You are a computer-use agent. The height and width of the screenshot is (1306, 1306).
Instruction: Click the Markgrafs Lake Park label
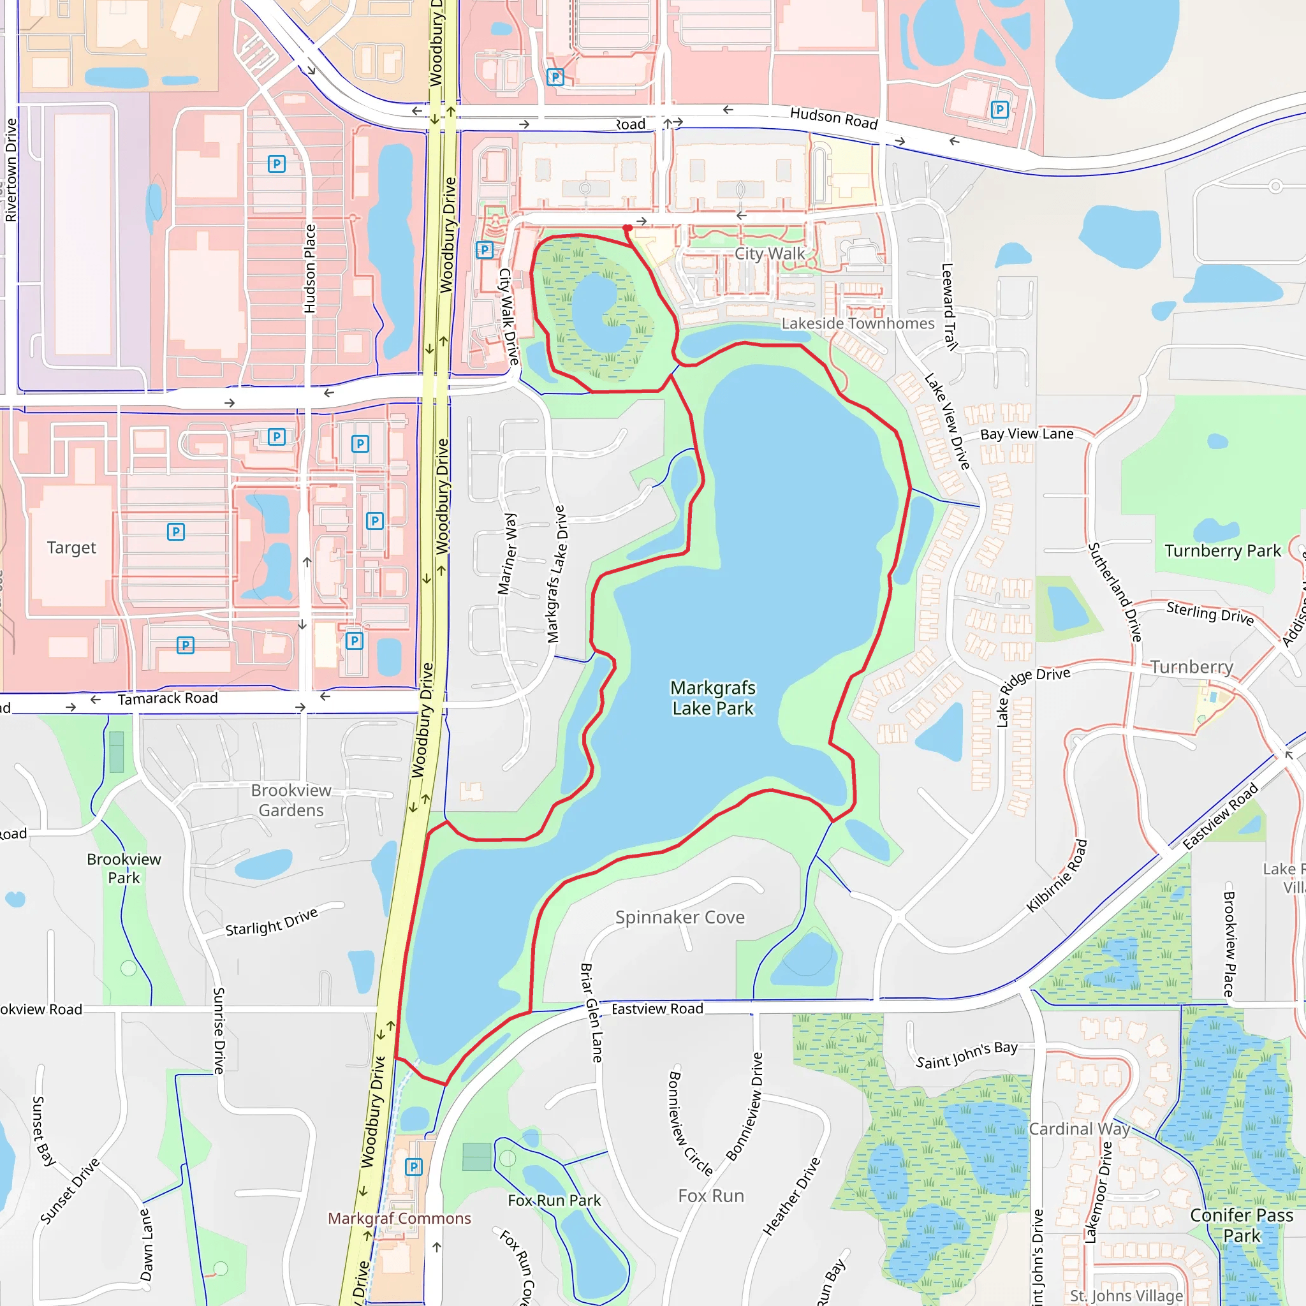(x=712, y=698)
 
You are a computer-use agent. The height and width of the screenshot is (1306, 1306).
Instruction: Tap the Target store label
(x=71, y=548)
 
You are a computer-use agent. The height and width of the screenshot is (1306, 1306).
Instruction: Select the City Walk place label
(x=769, y=254)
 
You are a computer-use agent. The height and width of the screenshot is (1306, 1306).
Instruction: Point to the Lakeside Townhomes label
(x=858, y=323)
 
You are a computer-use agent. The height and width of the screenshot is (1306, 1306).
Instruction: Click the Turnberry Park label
(x=1222, y=551)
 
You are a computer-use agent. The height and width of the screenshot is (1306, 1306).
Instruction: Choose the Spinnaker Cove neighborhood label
(x=679, y=917)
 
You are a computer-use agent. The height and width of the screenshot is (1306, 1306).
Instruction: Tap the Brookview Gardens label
(x=291, y=800)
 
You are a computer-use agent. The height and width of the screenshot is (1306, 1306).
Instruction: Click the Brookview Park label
(x=124, y=868)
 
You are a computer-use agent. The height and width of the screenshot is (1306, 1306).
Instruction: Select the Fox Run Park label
(x=554, y=1200)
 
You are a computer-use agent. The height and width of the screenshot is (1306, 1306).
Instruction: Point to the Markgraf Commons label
(x=399, y=1218)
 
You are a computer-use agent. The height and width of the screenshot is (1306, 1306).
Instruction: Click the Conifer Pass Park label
(x=1241, y=1225)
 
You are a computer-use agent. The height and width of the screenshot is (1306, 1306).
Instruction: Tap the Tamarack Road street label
(x=168, y=698)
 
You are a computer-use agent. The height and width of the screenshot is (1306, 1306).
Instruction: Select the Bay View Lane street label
(x=1026, y=434)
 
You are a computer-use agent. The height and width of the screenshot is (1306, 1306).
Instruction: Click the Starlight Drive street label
(x=271, y=922)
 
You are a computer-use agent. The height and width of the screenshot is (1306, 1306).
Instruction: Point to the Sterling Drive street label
(x=1210, y=612)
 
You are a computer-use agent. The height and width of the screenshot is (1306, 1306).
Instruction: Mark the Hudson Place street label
(x=309, y=268)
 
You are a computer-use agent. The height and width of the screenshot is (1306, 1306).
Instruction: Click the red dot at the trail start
(x=627, y=228)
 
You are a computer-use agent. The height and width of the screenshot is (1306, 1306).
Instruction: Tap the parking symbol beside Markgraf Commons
(x=413, y=1167)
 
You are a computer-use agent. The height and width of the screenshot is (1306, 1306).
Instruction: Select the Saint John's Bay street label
(x=967, y=1055)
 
